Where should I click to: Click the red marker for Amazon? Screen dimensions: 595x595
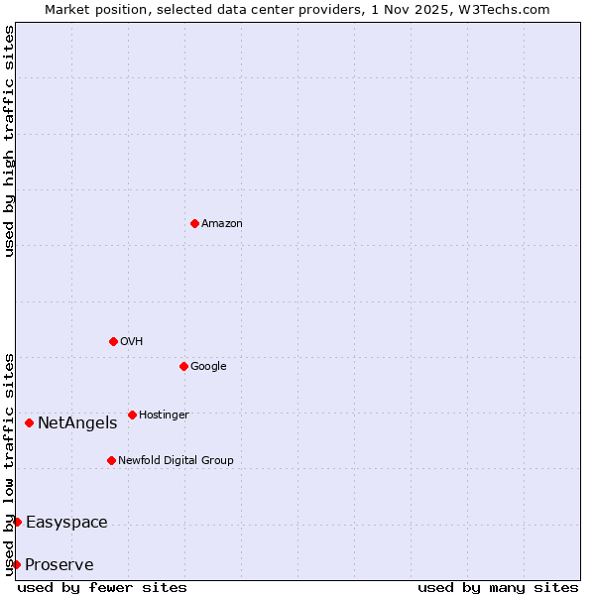point(194,223)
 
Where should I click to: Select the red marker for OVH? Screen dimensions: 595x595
point(113,341)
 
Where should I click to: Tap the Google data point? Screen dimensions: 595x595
point(183,366)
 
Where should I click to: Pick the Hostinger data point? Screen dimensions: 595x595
point(132,415)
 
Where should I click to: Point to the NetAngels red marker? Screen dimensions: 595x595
point(29,422)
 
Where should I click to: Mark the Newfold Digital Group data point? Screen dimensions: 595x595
point(111,460)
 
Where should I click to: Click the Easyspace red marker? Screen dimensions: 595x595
point(17,522)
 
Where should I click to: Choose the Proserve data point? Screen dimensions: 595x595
point(16,564)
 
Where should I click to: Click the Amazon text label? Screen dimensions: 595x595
point(222,224)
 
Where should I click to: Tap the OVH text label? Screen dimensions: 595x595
point(132,342)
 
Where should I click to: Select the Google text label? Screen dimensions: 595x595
point(208,367)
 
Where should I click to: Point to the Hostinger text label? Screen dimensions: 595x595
point(164,416)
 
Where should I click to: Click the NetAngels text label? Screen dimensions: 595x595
point(77,423)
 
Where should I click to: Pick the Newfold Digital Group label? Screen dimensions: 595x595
point(176,461)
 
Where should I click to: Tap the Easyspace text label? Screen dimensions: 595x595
point(66,523)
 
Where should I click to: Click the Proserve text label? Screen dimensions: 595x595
point(59,565)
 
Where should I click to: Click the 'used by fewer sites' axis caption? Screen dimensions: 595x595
point(102,587)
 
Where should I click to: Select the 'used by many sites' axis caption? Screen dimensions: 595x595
point(498,587)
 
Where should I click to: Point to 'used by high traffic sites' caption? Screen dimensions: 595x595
point(9,141)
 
